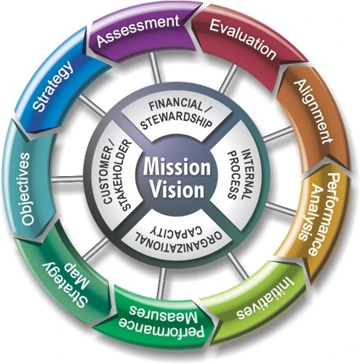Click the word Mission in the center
[177, 167]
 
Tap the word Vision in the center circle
[177, 189]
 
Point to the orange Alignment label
[313, 112]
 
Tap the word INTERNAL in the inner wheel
[245, 174]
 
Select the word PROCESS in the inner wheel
[233, 174]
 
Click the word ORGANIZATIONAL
[178, 240]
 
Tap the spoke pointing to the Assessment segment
[155, 68]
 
